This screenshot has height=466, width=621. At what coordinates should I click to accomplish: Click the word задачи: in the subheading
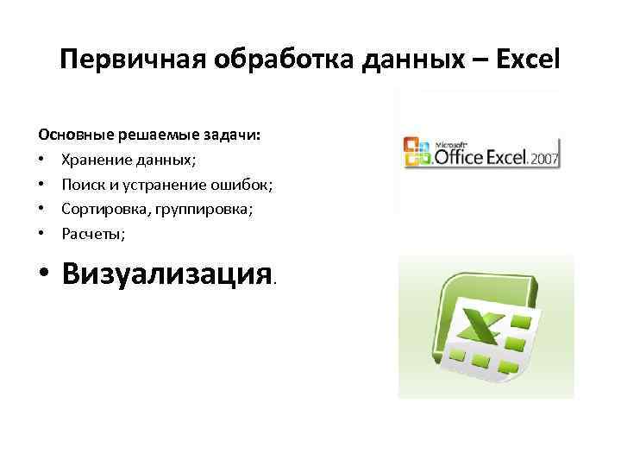pos(235,135)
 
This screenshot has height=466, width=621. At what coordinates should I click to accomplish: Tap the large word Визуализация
pos(167,274)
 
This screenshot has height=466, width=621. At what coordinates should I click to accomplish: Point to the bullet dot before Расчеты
pos(42,233)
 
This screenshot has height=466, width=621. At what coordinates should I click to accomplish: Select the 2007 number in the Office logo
pos(544,159)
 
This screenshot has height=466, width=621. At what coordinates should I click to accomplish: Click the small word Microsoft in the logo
pos(453,143)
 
